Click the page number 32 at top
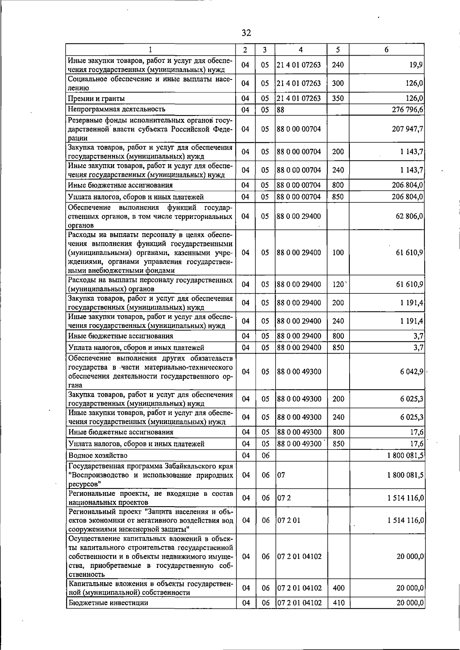point(246,33)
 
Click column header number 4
point(301,50)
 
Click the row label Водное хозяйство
point(98,456)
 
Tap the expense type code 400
point(338,588)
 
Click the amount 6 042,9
point(410,372)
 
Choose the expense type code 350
point(338,99)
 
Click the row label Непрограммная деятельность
point(117,110)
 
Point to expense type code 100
point(338,253)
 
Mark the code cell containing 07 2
point(283,498)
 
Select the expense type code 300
point(338,83)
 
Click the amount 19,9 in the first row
point(416,65)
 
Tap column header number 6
point(386,50)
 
